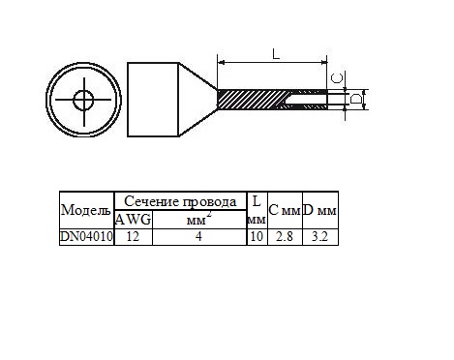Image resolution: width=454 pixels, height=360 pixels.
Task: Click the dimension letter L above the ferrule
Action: pyautogui.click(x=276, y=54)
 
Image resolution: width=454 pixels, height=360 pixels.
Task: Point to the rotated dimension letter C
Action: pyautogui.click(x=338, y=78)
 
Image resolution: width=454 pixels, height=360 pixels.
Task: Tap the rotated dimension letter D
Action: pyautogui.click(x=356, y=99)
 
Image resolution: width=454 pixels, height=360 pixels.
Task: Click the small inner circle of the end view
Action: pyautogui.click(x=84, y=100)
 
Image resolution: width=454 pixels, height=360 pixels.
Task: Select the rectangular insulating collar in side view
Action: pyautogui.click(x=153, y=100)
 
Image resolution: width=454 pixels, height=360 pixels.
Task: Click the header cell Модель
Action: pyautogui.click(x=86, y=211)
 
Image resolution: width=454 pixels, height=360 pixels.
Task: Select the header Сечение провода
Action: pyautogui.click(x=180, y=202)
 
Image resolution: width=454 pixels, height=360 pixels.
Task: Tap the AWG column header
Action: pyautogui.click(x=134, y=220)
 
